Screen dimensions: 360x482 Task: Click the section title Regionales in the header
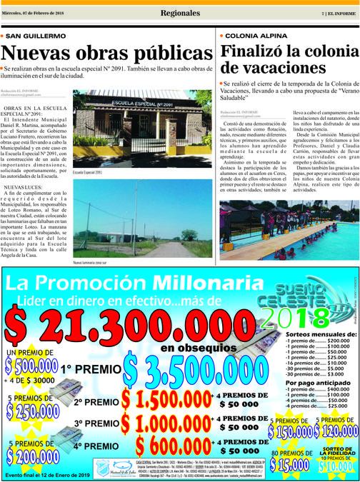(x=179, y=12)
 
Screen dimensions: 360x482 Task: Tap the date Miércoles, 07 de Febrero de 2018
(x=35, y=12)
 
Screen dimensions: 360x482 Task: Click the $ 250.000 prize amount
(x=32, y=413)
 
